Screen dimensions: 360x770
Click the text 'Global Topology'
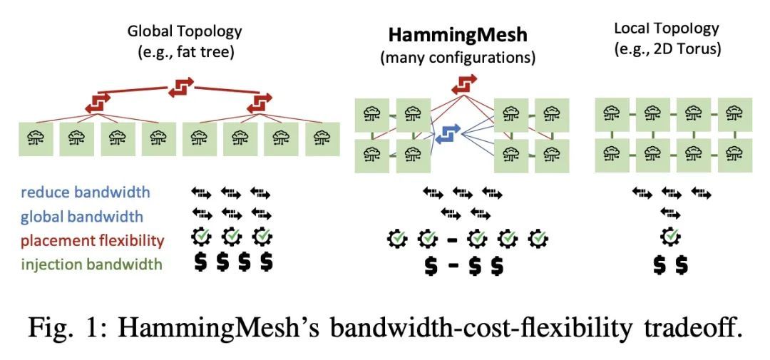point(185,31)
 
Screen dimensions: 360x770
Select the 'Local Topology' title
point(666,29)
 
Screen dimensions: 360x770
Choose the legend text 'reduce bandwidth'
point(85,192)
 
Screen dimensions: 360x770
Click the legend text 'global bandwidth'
point(82,216)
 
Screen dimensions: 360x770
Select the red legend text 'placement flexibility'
point(93,240)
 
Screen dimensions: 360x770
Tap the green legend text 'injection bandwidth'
point(91,264)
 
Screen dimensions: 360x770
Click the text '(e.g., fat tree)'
point(185,52)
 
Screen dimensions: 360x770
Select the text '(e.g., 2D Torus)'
point(666,50)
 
